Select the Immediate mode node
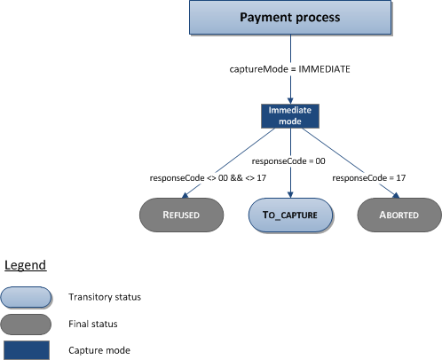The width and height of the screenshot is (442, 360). pyautogui.click(x=288, y=114)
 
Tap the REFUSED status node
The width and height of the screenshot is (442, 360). pyautogui.click(x=181, y=215)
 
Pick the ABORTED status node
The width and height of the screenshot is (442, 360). pyautogui.click(x=399, y=215)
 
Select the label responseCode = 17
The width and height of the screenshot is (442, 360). pyautogui.click(x=368, y=179)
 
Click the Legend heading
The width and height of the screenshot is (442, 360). pyautogui.click(x=26, y=265)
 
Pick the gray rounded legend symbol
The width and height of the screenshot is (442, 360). pyautogui.click(x=26, y=324)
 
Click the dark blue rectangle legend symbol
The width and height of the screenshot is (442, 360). pyautogui.click(x=26, y=349)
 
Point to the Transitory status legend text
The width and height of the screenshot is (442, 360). pyautogui.click(x=103, y=297)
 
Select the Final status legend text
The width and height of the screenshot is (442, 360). pyautogui.click(x=91, y=324)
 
